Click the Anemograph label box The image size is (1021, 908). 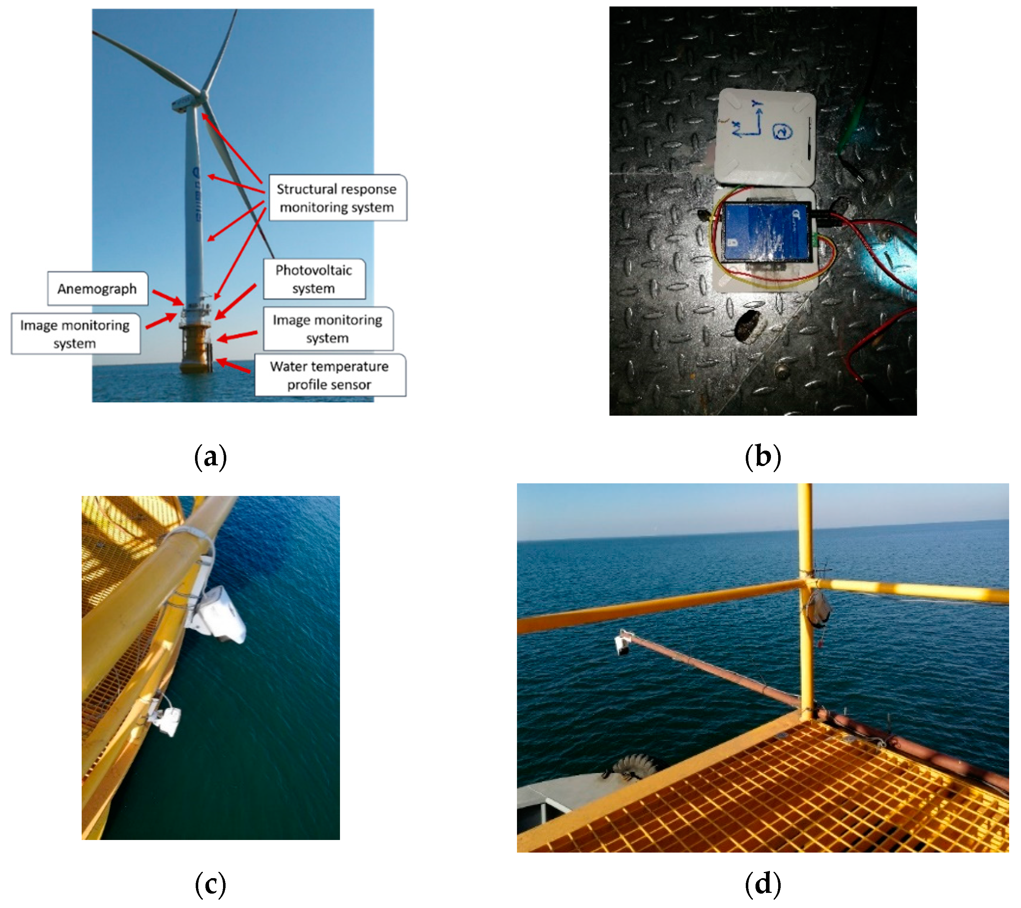click(x=97, y=289)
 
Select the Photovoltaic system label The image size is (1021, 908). click(x=314, y=279)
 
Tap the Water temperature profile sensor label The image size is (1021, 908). click(x=330, y=375)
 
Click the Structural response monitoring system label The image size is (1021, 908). click(x=337, y=198)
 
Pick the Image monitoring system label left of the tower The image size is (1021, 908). click(x=75, y=334)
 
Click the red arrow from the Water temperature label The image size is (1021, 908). click(x=233, y=366)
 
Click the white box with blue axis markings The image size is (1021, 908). click(x=765, y=136)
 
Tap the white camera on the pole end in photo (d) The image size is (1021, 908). click(x=622, y=645)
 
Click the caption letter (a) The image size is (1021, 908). click(x=210, y=457)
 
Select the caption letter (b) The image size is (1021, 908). click(x=762, y=457)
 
